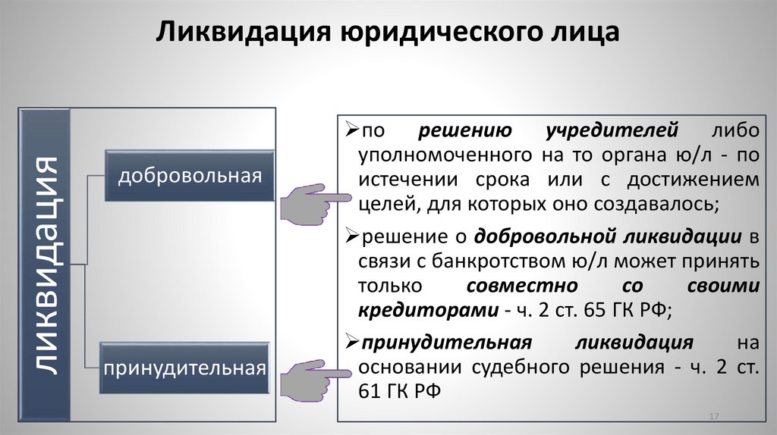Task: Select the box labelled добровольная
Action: pyautogui.click(x=189, y=176)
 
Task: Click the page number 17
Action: pyautogui.click(x=713, y=418)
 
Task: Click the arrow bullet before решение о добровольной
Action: pyautogui.click(x=351, y=236)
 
